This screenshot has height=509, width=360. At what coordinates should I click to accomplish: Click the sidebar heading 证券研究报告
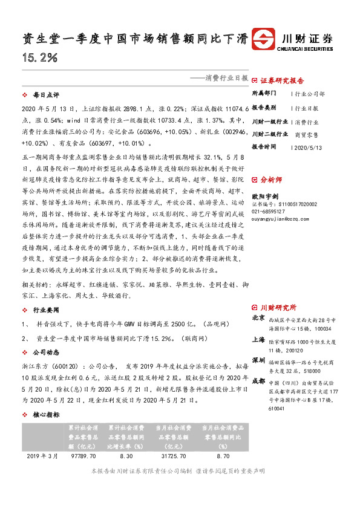pos(282,80)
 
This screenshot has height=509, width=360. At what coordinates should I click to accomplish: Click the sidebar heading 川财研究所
pos(278,306)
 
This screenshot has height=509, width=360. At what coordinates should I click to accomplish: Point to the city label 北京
pos(258,317)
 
